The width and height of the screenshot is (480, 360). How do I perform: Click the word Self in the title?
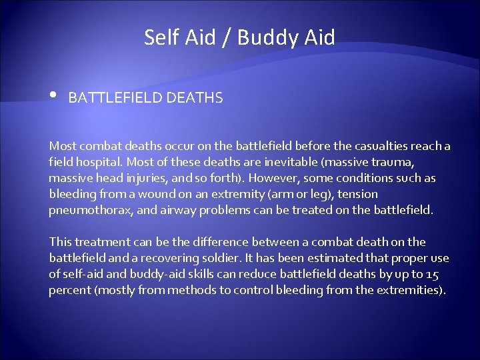[161, 37]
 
